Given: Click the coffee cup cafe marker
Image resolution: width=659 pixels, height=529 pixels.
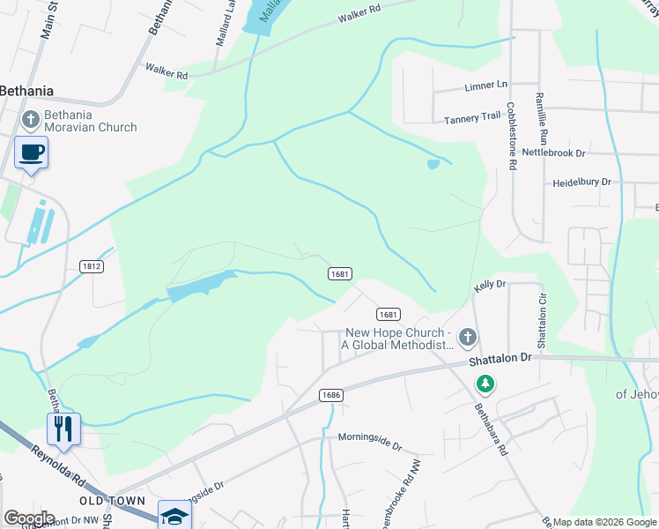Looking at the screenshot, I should tap(31, 152).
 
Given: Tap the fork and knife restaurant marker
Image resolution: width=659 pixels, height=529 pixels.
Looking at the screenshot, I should tap(63, 428).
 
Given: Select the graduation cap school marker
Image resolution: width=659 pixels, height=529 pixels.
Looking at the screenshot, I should tap(174, 516).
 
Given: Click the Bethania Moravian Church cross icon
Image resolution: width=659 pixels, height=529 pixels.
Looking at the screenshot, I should tap(29, 119).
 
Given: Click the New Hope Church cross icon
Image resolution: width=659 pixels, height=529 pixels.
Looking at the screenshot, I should tap(468, 337).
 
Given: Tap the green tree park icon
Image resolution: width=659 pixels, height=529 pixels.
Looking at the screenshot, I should tap(485, 384).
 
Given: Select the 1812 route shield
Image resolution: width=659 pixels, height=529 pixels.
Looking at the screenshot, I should tap(91, 265).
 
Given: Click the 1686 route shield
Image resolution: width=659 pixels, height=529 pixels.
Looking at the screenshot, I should tap(330, 396).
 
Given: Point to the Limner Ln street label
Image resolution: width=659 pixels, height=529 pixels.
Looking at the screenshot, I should tap(486, 86).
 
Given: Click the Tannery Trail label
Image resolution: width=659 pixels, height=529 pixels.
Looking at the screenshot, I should tap(472, 118).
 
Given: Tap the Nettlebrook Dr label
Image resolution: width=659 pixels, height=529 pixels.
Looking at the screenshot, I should tap(553, 153).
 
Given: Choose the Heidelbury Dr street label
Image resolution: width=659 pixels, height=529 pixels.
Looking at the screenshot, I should tap(581, 182).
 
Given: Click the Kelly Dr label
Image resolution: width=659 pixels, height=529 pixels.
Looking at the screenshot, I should tap(490, 285).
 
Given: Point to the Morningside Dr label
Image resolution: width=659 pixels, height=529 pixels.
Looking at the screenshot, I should tap(369, 436).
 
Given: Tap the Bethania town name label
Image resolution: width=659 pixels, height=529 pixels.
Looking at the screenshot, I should tap(26, 90).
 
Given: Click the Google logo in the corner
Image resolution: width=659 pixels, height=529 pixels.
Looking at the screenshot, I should tap(29, 518).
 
